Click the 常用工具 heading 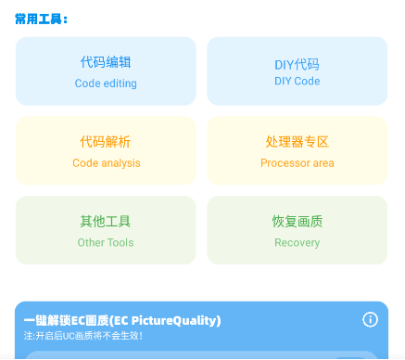pos(42,19)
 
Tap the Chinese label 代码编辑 pos(106,63)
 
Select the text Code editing pos(106,84)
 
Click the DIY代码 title pos(297,64)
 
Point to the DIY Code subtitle pos(297,82)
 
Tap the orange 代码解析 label pos(106,142)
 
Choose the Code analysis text pos(106,163)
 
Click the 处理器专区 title pos(297,142)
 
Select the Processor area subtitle pos(297,163)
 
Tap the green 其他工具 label pos(106,222)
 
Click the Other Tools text pos(106,243)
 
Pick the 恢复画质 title pos(297,222)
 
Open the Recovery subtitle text pos(297,243)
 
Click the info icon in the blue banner pos(370,320)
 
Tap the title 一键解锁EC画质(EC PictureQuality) pos(122,321)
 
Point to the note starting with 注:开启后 pos(84,336)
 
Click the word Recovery pos(297,243)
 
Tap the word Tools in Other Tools pos(119,243)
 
